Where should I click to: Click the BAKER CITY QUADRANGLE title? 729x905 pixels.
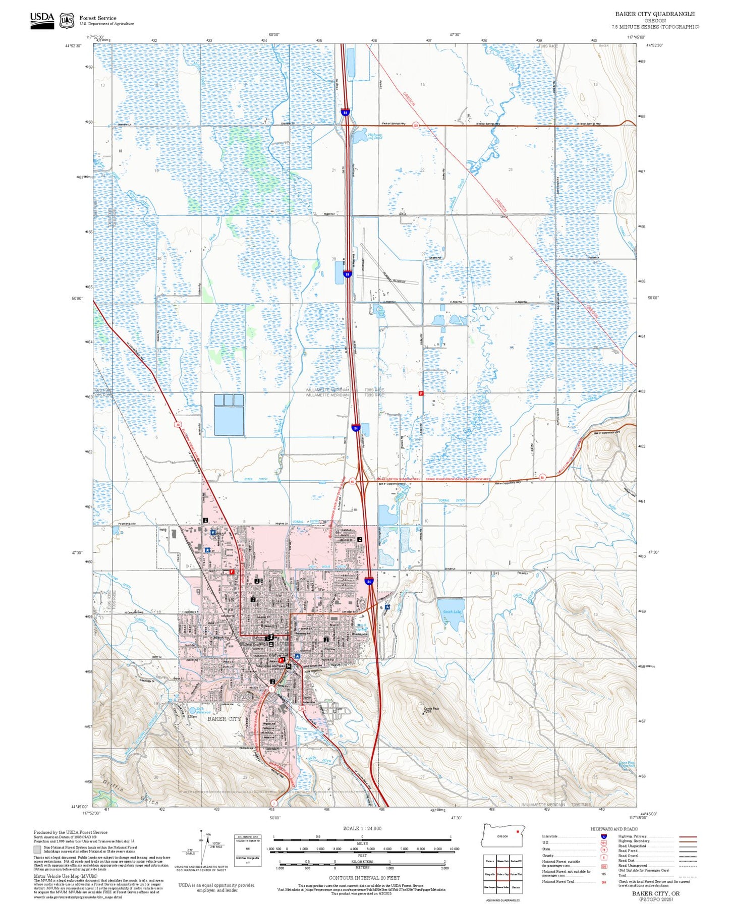coord(654,14)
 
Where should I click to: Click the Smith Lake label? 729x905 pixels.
coord(452,611)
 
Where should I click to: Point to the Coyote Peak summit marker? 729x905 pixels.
coord(424,713)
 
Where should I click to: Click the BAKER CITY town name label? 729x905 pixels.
coord(224,719)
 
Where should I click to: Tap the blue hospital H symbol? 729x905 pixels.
coord(212,532)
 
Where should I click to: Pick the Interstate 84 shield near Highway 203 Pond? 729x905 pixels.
coord(345,112)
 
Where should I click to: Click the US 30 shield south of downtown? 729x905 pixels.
coord(302,708)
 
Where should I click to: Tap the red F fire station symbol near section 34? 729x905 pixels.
coord(421,393)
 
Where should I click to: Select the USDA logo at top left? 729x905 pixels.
coord(42,20)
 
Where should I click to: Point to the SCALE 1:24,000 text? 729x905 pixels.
coord(362,828)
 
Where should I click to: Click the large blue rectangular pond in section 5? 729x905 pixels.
coord(229,421)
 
